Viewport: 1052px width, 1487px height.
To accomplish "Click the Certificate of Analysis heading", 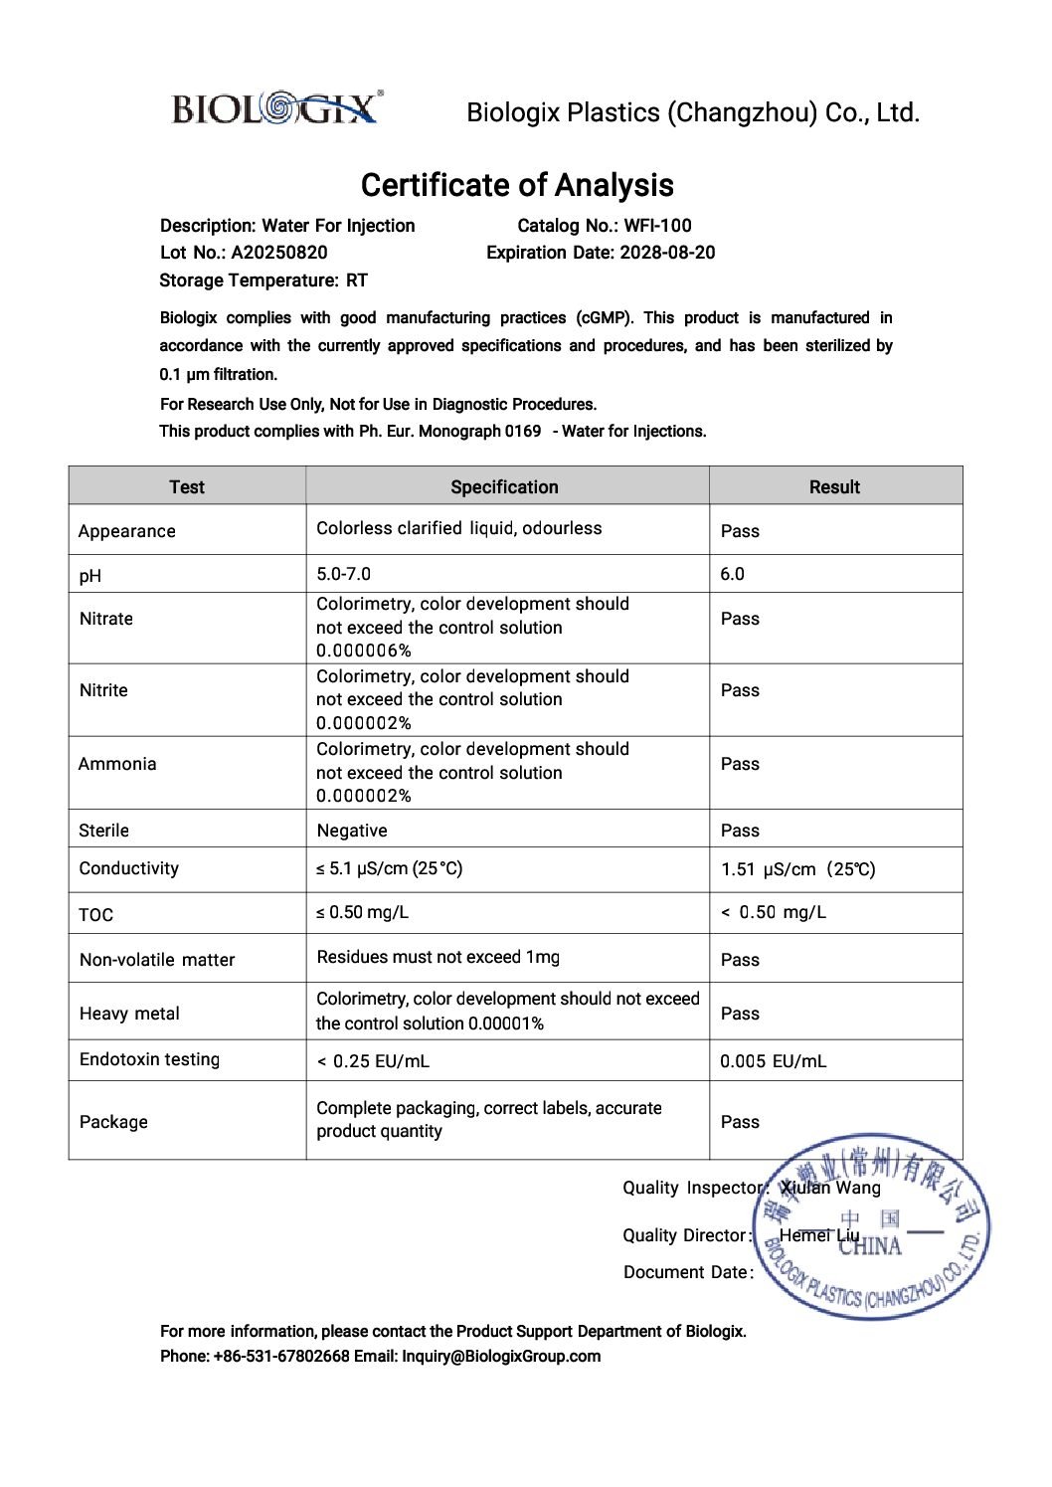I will click(517, 185).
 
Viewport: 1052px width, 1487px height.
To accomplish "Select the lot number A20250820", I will click(279, 253).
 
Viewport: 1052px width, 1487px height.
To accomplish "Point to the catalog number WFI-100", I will click(657, 226).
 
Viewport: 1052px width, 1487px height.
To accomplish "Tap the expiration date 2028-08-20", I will click(667, 253).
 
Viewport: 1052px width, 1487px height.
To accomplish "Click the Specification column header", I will click(504, 486).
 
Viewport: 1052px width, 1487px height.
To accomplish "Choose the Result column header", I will click(834, 486).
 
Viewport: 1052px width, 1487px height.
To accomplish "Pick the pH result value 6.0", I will click(733, 574).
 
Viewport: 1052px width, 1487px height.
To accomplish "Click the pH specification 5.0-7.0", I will click(343, 574).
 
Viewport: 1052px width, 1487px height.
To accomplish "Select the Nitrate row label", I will click(106, 619).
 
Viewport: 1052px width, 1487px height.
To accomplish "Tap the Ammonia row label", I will click(117, 764).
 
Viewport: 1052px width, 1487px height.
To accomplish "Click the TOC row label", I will click(96, 915).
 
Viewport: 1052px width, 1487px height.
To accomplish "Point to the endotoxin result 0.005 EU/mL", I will click(773, 1061).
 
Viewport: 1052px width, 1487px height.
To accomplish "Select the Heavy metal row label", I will click(129, 1014).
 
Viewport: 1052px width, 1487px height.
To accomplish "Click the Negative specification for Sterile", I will click(352, 831).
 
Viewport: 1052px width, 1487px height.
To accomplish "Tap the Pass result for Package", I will click(740, 1122).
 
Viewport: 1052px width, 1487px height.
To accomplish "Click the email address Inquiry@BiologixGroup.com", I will click(501, 1356).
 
